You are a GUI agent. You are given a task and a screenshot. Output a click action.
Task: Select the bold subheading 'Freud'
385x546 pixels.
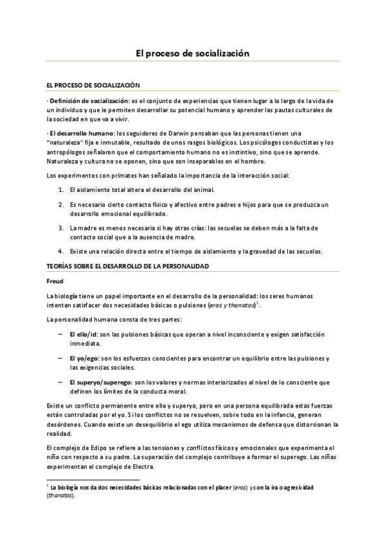(x=56, y=281)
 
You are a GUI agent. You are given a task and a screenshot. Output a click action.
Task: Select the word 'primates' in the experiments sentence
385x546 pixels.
(x=112, y=176)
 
